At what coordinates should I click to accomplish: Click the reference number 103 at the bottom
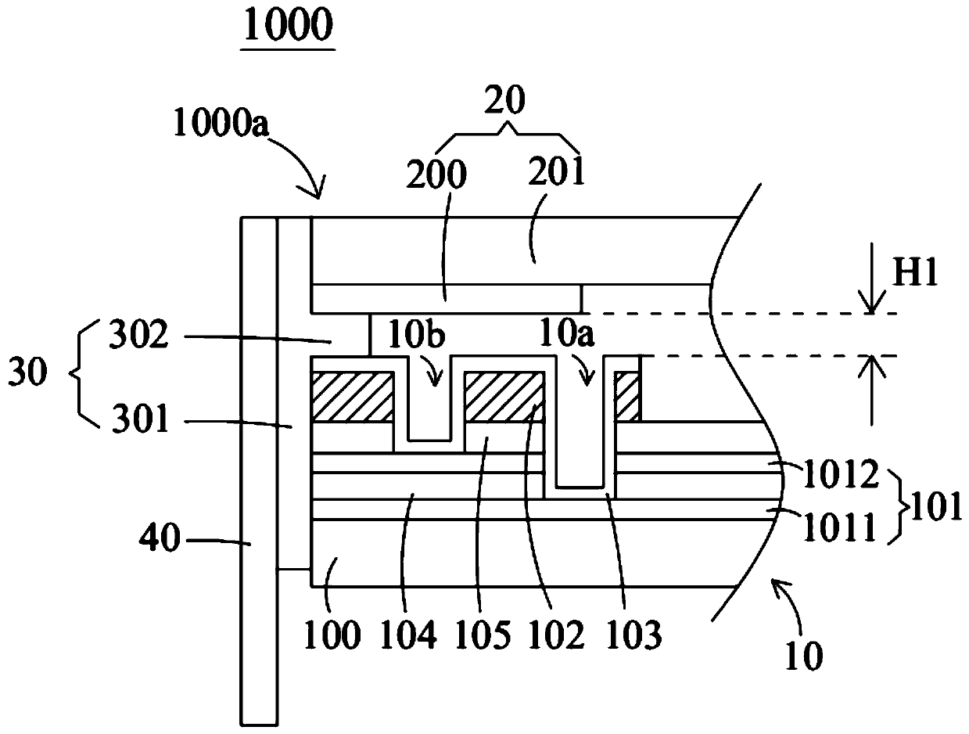point(633,635)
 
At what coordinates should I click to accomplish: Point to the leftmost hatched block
point(352,397)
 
